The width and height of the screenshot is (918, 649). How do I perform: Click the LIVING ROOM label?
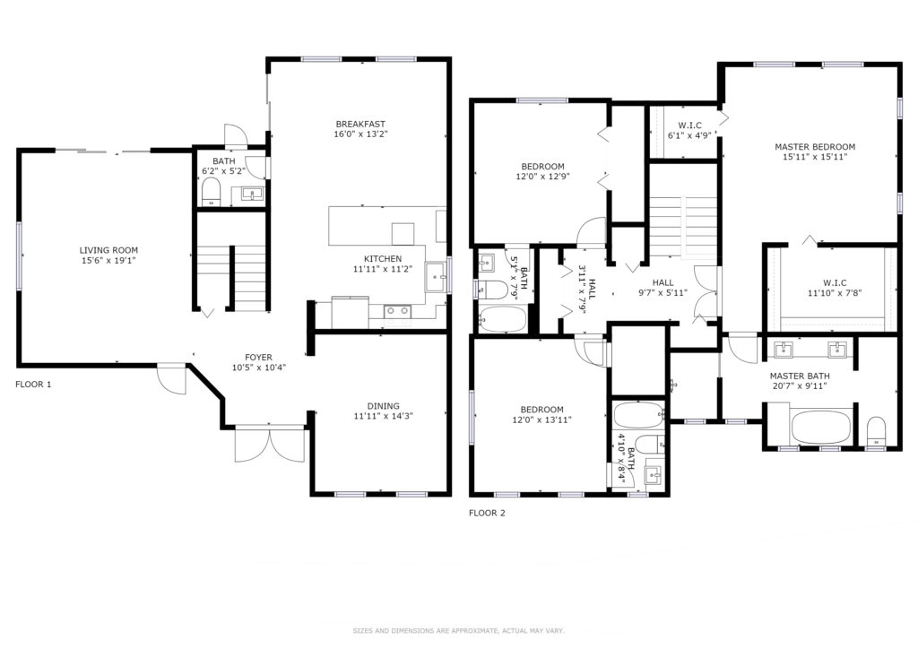coord(108,250)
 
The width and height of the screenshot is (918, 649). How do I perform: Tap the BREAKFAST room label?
coord(360,124)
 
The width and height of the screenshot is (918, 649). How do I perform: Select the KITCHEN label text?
coord(383,259)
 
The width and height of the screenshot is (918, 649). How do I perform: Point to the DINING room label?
coord(384,406)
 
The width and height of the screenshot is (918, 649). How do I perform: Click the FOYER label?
coord(258,358)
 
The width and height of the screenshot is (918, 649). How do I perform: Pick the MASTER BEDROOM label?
coord(815,147)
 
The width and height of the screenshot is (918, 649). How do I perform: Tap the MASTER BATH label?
coord(800,376)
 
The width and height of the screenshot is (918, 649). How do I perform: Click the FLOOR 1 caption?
coord(33,385)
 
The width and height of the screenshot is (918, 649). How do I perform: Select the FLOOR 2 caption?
coord(487,514)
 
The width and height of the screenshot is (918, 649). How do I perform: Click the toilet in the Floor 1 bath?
coord(211,192)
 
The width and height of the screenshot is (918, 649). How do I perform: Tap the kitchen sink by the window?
coord(435,277)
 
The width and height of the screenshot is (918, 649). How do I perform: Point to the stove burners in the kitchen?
coord(397,311)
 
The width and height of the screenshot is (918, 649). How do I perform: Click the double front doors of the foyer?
coord(270,445)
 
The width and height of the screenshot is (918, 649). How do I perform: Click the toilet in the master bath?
coord(876,430)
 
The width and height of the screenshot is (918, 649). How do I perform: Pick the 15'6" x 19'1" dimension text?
coord(108,261)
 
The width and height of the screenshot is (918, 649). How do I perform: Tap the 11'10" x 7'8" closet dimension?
coord(835,293)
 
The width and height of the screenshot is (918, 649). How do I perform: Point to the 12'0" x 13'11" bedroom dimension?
coord(542,420)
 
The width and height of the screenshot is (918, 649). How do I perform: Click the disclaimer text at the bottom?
coord(458,631)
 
